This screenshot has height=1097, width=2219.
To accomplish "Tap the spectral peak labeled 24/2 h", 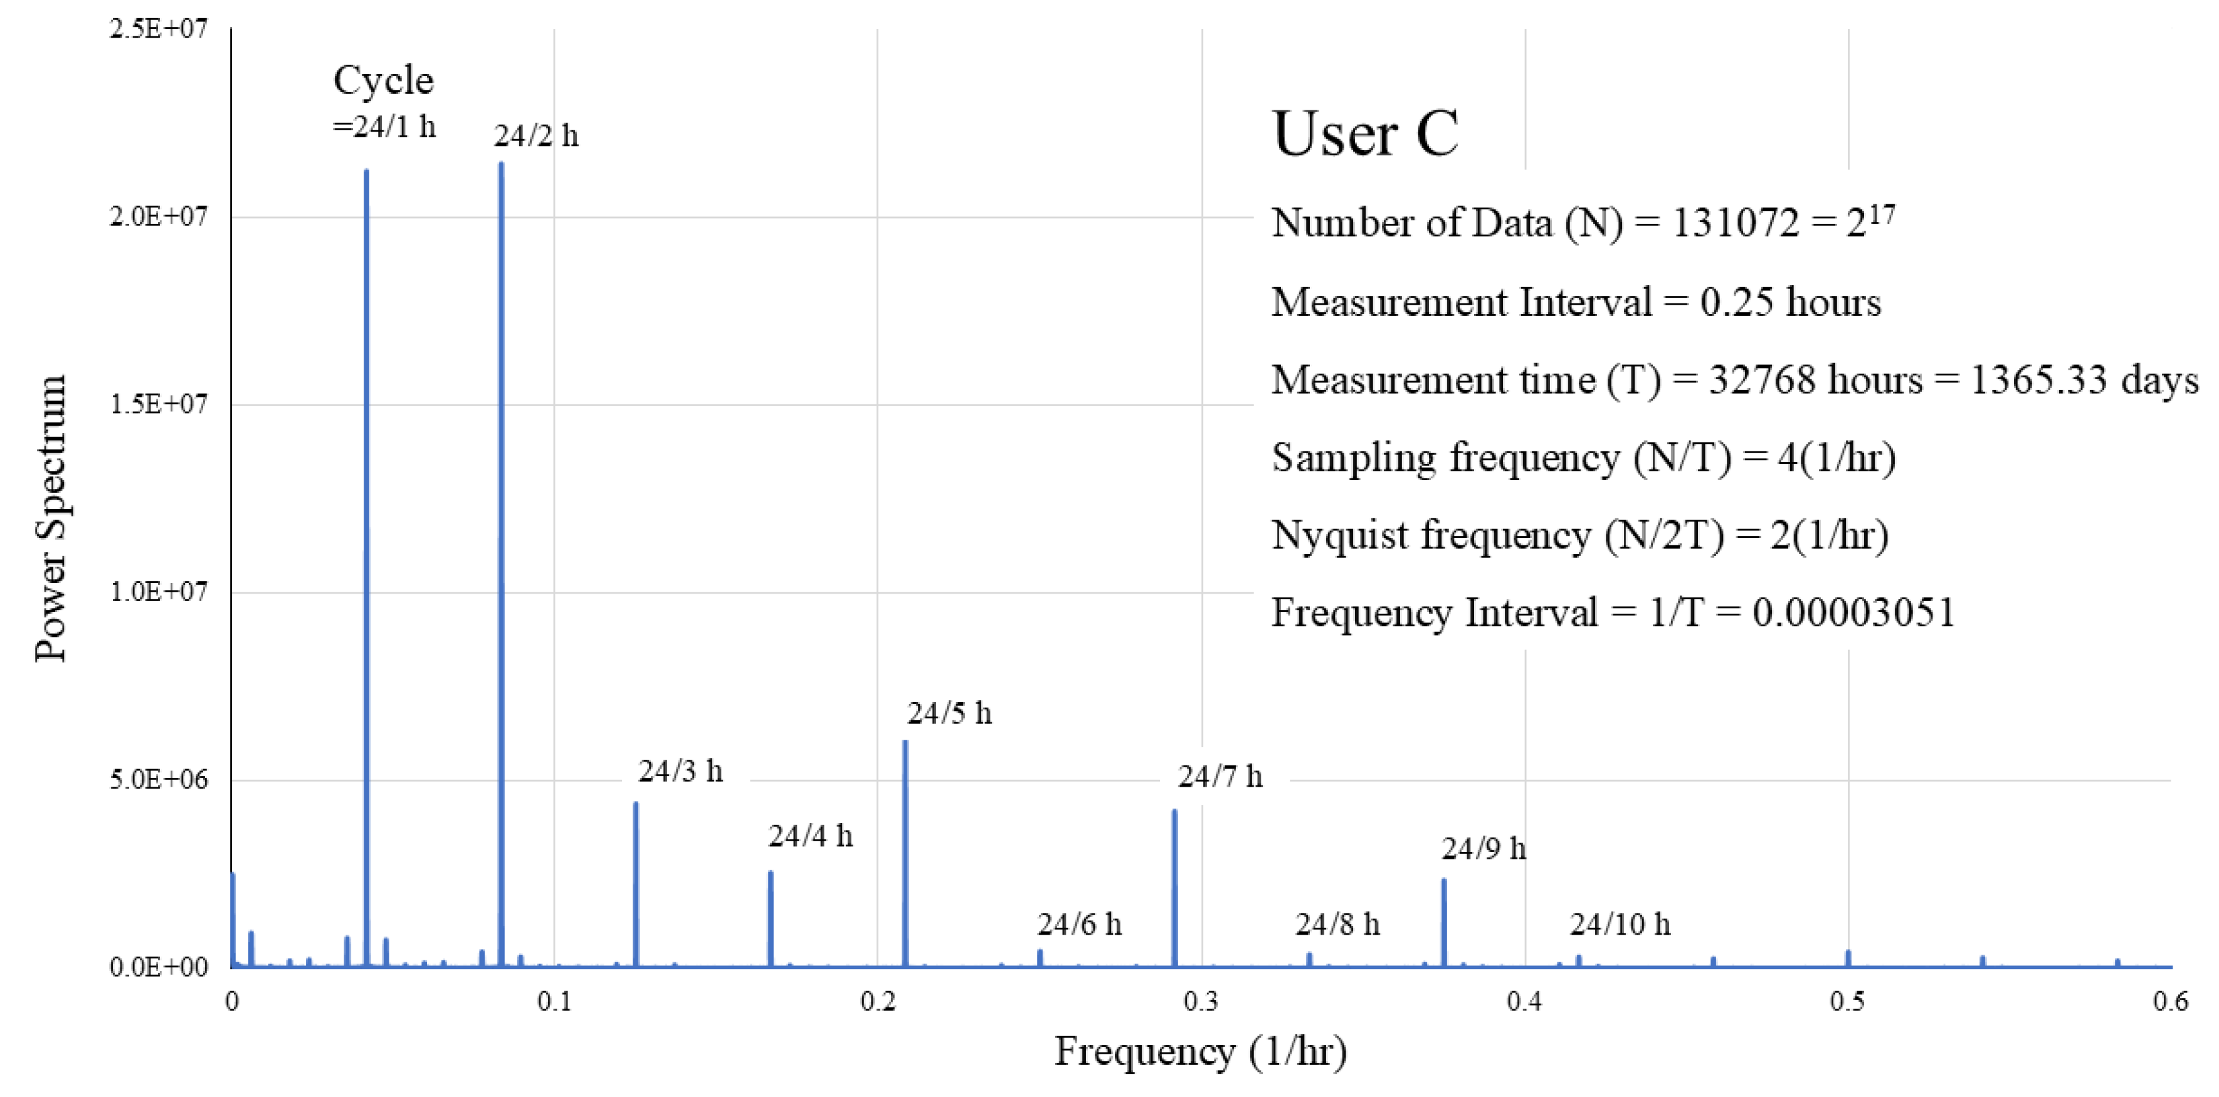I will (x=500, y=560).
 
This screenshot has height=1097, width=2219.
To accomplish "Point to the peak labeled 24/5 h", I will (x=905, y=853).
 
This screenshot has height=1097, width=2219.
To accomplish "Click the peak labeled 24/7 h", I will (x=1174, y=887).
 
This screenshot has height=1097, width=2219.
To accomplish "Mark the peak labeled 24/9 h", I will (x=1444, y=921).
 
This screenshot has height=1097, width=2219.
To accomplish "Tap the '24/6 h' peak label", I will (x=1079, y=925).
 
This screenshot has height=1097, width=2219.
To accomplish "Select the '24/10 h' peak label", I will (x=1620, y=925).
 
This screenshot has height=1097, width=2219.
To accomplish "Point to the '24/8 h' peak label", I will (x=1337, y=925).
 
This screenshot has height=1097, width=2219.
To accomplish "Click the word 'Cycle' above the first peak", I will (x=383, y=81).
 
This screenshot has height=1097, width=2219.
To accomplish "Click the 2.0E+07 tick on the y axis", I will (x=159, y=217).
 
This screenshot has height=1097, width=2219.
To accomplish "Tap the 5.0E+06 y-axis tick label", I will (x=159, y=780).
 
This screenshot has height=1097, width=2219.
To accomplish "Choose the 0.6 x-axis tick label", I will (x=2170, y=1002).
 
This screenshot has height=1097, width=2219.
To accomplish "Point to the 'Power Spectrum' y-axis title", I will (x=50, y=518).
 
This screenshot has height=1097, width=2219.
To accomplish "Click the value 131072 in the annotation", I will (x=1735, y=224).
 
